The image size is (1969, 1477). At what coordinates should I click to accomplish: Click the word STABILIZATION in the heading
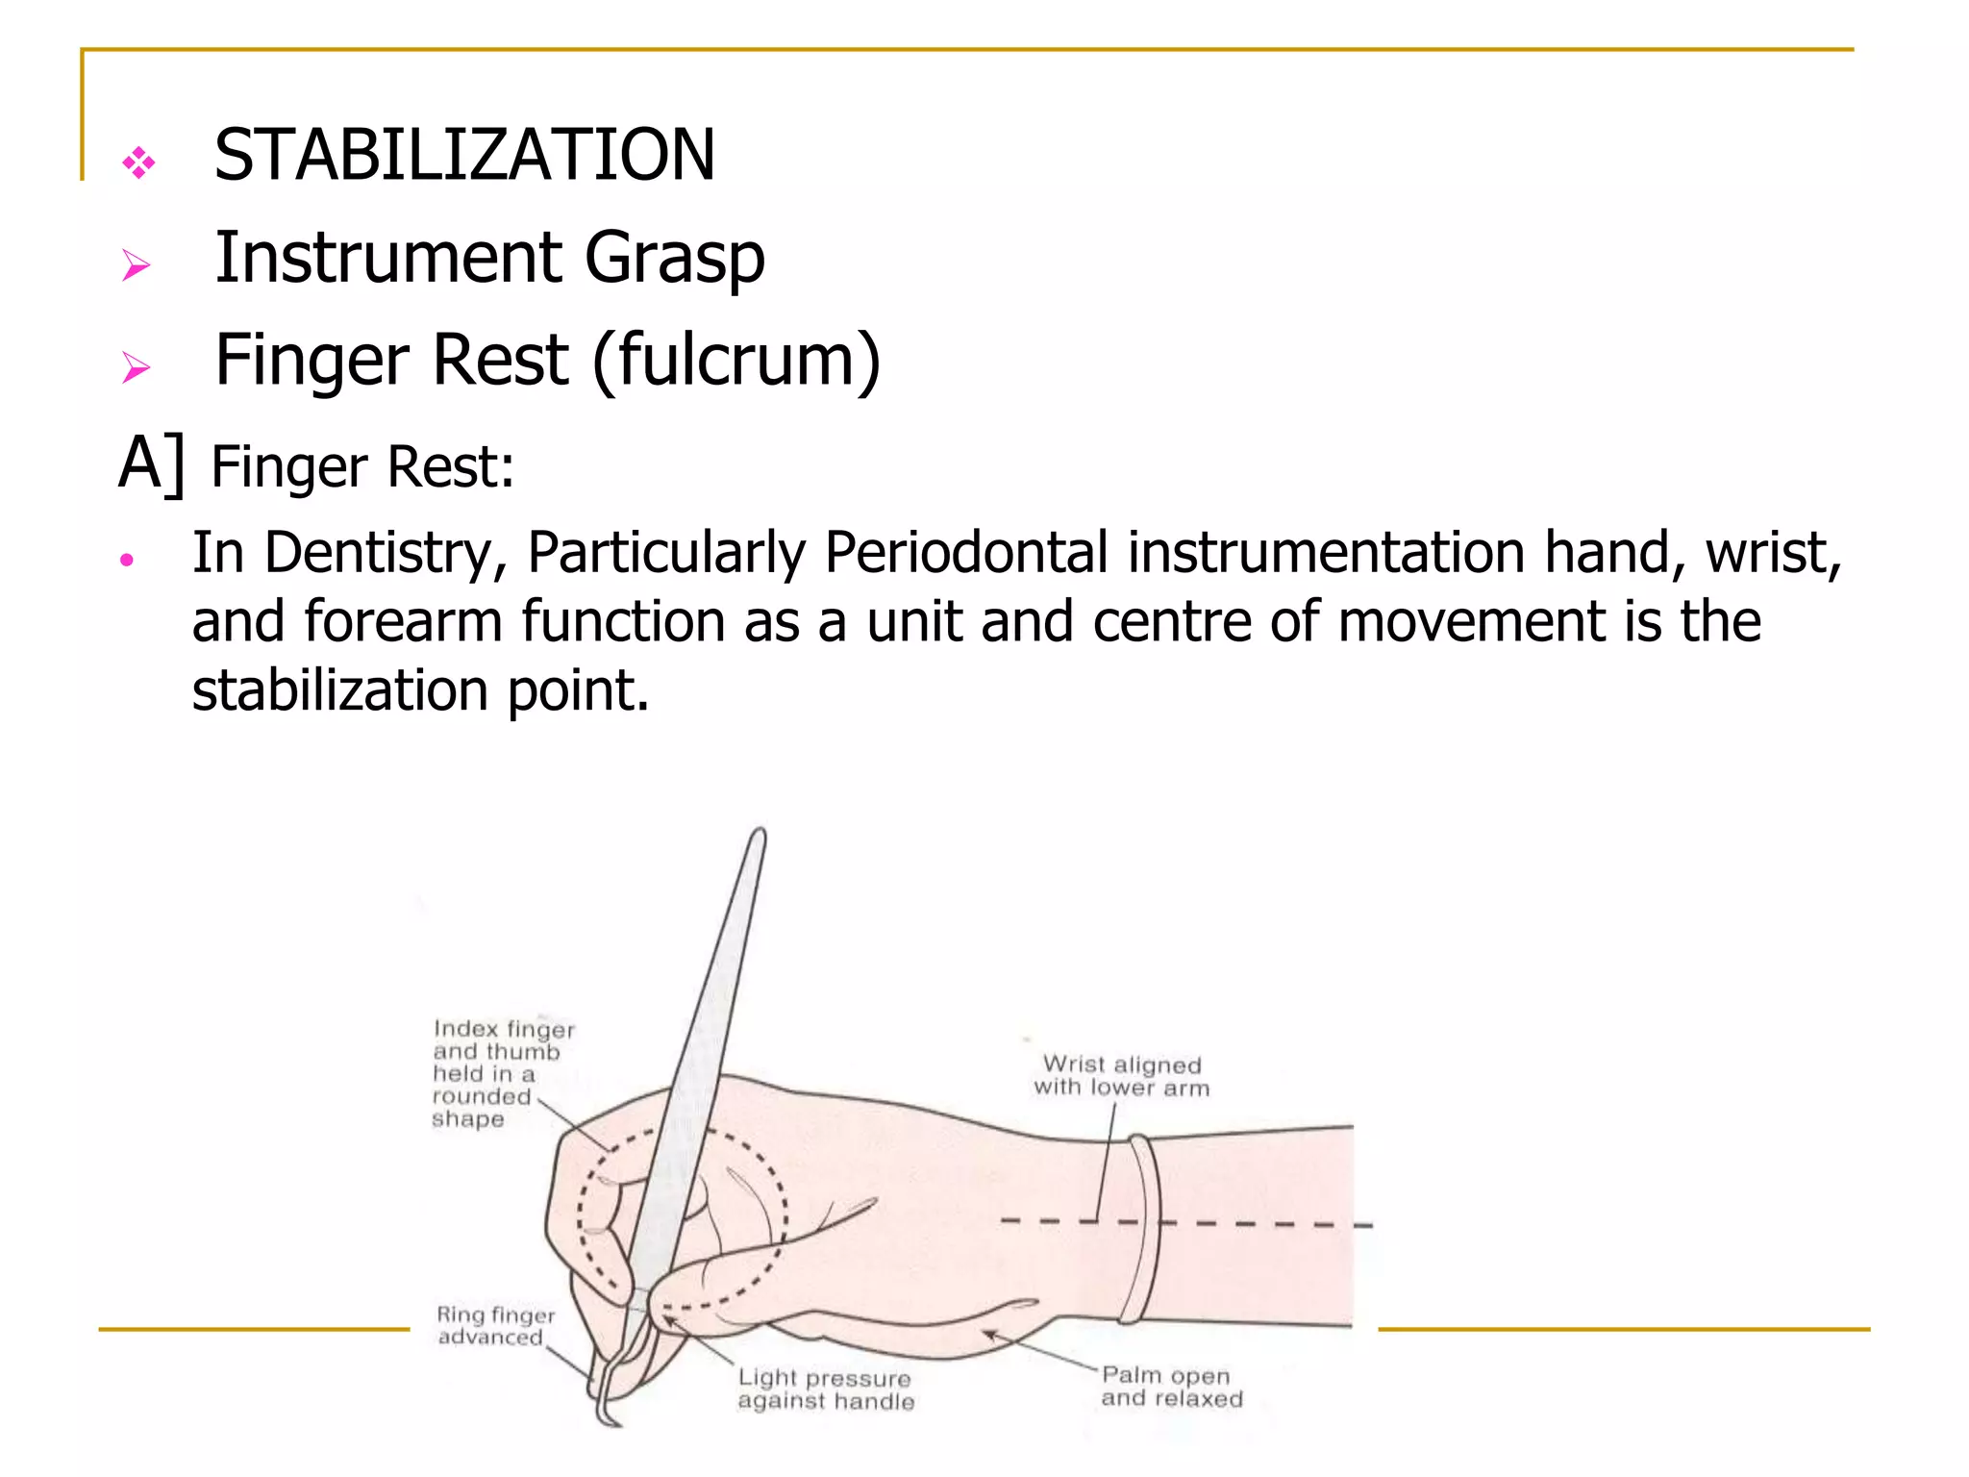(464, 155)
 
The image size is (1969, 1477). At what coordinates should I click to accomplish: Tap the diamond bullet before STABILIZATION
(138, 163)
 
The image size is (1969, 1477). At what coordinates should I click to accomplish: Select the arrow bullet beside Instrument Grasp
(137, 264)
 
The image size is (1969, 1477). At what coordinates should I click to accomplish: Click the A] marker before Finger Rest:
(151, 465)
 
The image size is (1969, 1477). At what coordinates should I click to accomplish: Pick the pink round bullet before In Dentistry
(126, 560)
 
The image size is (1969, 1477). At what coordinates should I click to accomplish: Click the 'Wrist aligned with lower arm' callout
(1121, 1076)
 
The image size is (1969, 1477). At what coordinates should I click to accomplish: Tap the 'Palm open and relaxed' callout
(1171, 1387)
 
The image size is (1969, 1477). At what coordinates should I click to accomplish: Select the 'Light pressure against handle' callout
(825, 1389)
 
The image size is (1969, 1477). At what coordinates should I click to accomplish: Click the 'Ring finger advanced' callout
(494, 1325)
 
